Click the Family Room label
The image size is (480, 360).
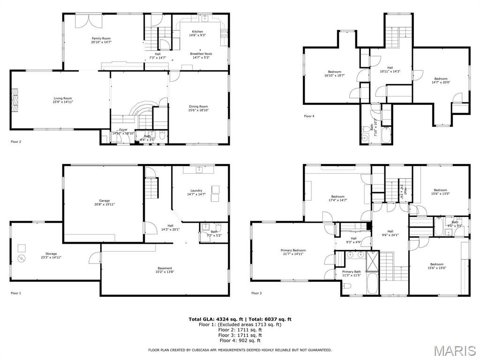click(x=101, y=40)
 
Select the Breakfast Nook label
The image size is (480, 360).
click(x=201, y=56)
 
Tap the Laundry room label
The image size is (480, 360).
click(x=196, y=192)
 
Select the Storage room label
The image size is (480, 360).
click(x=51, y=255)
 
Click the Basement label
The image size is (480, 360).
click(x=165, y=270)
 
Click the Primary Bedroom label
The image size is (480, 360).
click(x=293, y=252)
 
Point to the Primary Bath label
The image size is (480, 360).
click(x=351, y=273)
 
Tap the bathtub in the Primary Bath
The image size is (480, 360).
click(x=373, y=284)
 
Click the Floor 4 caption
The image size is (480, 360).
click(x=309, y=116)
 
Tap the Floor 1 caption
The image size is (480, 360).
click(x=16, y=293)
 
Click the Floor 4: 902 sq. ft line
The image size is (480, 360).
click(x=240, y=340)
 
